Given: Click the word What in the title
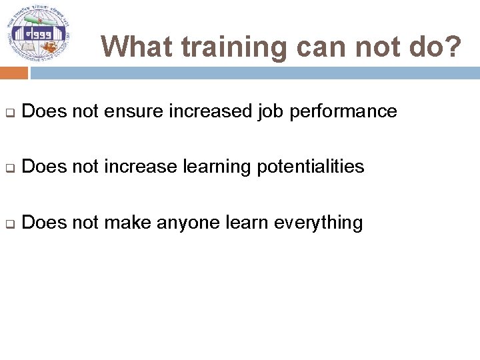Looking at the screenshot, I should [x=137, y=47].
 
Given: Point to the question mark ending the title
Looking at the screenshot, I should [x=453, y=47].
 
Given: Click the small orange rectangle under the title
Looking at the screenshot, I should [x=13, y=73].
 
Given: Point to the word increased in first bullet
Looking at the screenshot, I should [x=210, y=111].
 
